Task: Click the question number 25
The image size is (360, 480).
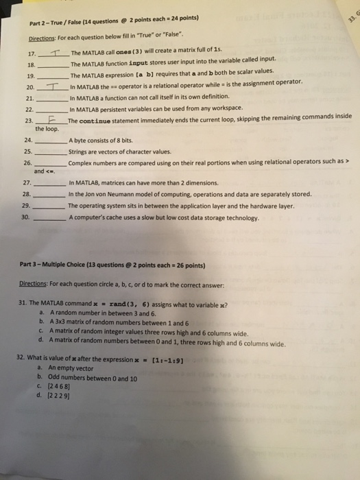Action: tap(27, 152)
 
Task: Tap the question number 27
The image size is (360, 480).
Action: tap(27, 184)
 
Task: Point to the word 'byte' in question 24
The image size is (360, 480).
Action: tap(80, 141)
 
